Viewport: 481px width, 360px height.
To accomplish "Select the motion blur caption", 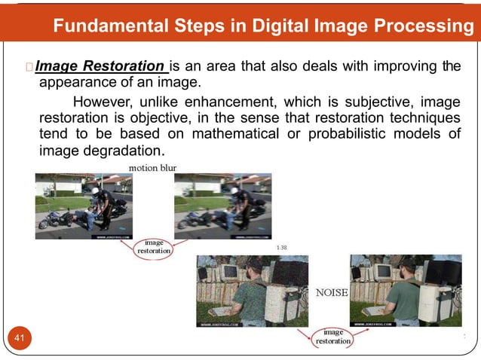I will point(153,167).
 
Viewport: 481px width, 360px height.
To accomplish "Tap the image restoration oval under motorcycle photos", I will point(153,247).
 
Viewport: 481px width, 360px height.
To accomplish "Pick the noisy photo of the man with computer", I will point(252,291).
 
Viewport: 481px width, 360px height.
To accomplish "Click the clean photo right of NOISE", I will point(406,291).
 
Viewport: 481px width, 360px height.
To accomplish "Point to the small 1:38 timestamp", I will point(282,246).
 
